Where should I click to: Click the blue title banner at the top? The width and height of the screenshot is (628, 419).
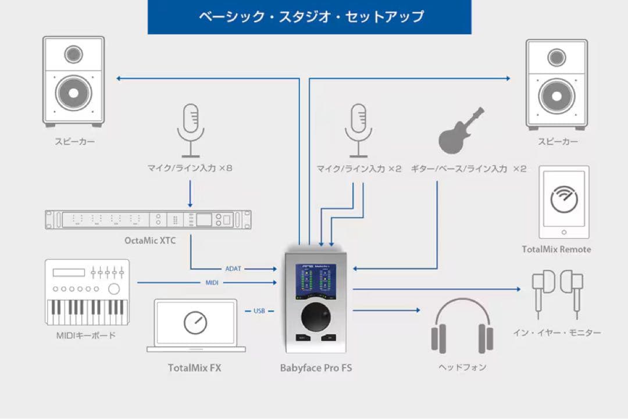(309, 17)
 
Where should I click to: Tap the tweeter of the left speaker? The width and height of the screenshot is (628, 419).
(73, 55)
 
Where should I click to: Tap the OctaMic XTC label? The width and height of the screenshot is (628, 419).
(149, 240)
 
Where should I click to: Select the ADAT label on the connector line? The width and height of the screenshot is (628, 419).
(233, 269)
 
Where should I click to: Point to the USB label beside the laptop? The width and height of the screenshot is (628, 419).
(259, 311)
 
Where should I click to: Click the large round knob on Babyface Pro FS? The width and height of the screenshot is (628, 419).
(316, 317)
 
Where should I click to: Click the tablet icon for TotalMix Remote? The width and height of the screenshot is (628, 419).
(564, 202)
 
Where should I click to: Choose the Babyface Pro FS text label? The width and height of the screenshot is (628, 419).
(316, 368)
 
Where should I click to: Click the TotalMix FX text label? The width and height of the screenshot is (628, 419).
(194, 368)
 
